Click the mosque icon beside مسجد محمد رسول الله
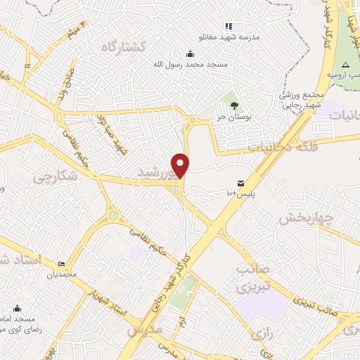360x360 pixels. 190,53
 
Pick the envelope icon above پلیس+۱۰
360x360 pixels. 242,184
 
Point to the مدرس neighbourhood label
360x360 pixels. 145,329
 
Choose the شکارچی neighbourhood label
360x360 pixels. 54,179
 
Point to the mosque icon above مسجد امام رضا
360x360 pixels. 17,309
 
